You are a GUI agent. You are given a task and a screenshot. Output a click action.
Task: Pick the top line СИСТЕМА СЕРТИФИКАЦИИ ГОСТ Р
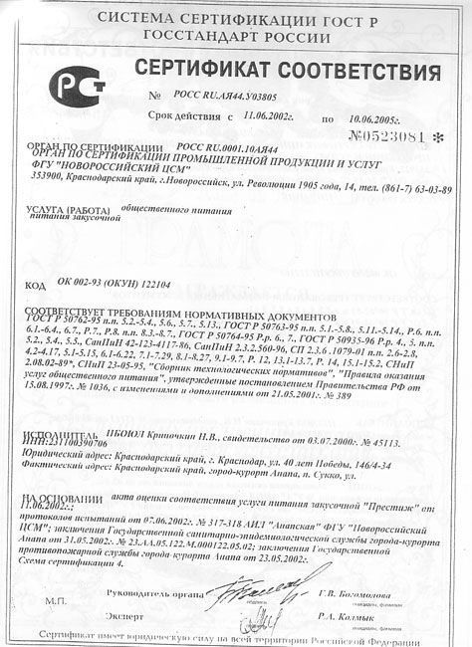point(235,19)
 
